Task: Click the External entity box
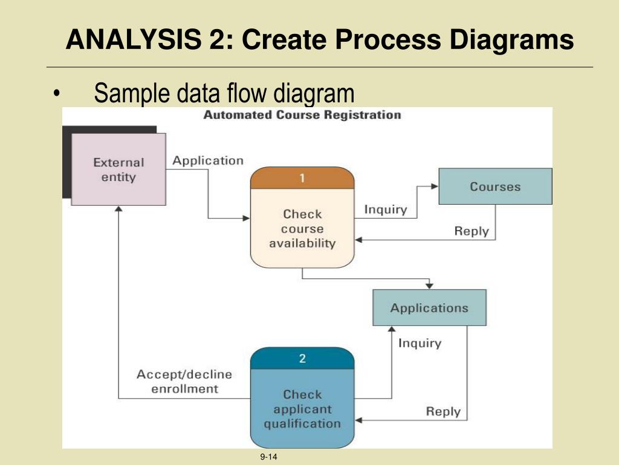click(118, 170)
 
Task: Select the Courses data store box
click(496, 186)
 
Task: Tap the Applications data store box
click(430, 308)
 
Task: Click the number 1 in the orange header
click(302, 178)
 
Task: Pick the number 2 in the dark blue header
click(302, 358)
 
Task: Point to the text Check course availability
click(302, 228)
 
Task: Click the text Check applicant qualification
click(302, 409)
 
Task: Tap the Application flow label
click(208, 161)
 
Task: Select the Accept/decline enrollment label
click(184, 381)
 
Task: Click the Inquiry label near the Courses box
click(386, 209)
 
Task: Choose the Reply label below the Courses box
click(472, 231)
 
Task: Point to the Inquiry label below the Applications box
click(420, 343)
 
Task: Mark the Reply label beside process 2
click(443, 411)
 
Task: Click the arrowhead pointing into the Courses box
click(435, 186)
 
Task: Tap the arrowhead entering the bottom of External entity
click(118, 209)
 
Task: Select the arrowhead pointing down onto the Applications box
click(430, 286)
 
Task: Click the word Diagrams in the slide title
click(511, 39)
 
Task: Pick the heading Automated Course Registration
click(302, 115)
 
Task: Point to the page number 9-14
click(268, 457)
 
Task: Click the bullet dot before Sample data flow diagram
click(57, 94)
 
